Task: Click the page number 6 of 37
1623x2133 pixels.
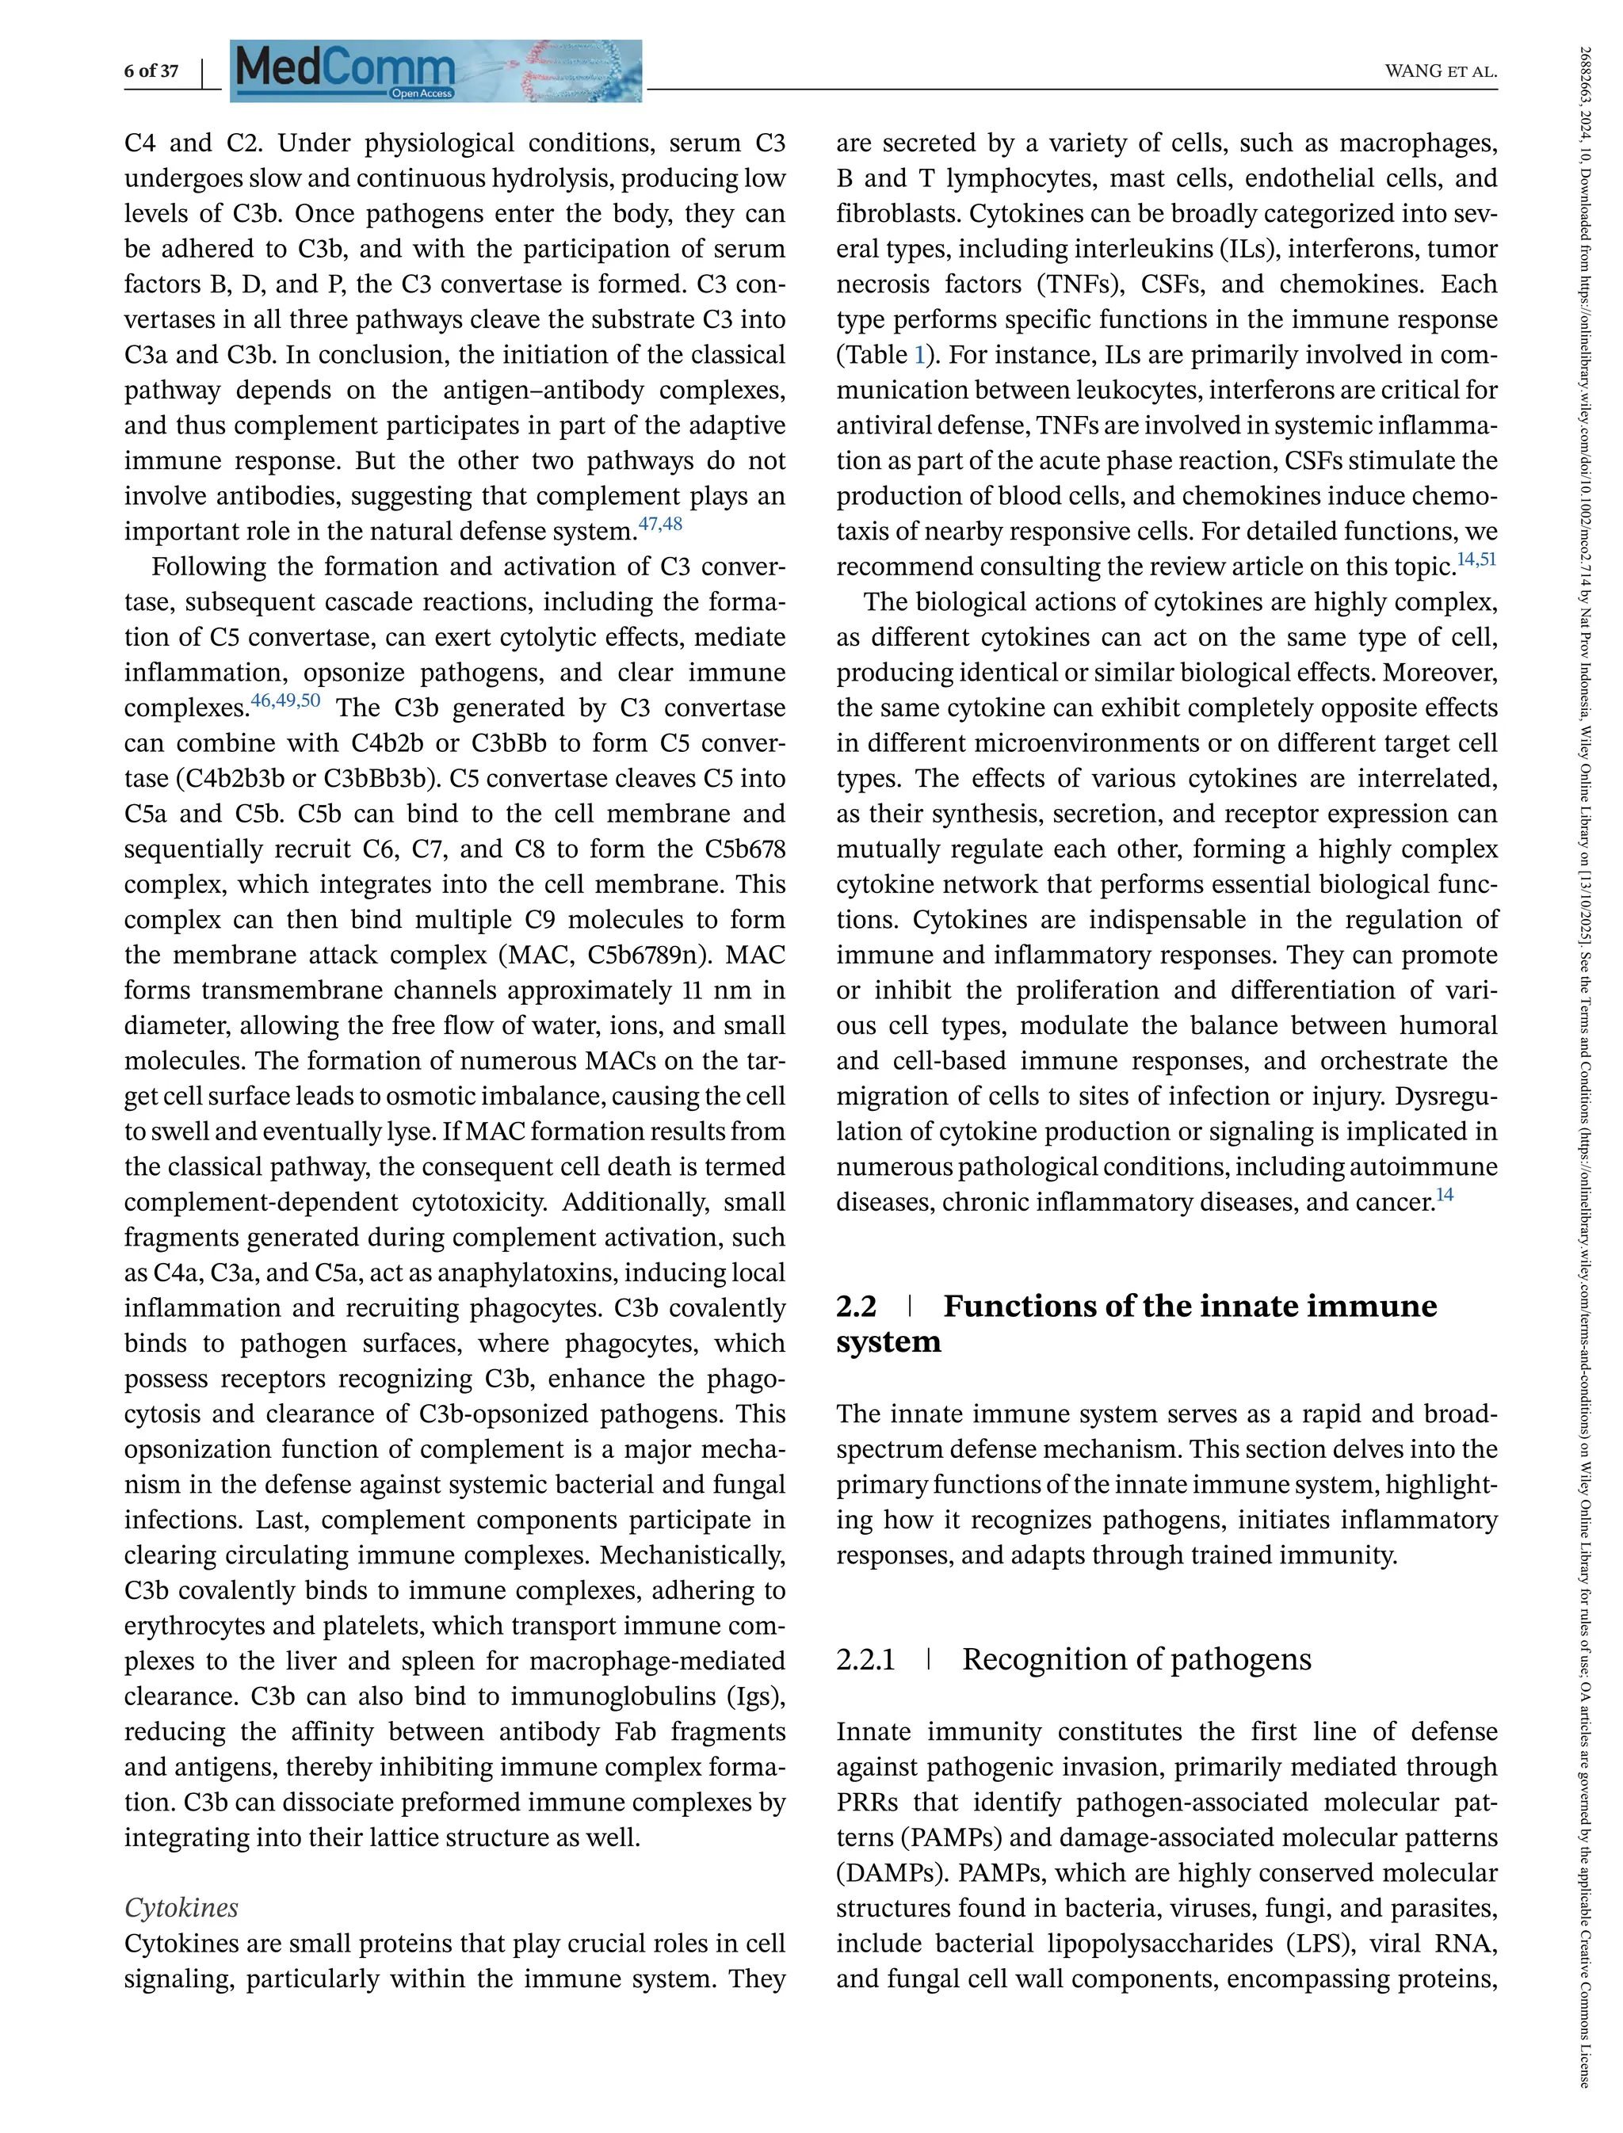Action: point(151,71)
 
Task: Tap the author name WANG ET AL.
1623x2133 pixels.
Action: point(1441,71)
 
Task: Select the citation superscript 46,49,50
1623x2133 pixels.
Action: point(285,700)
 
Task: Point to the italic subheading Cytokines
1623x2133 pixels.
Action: point(181,1908)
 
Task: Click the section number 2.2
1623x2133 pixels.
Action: point(856,1306)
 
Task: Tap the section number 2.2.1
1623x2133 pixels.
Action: point(865,1660)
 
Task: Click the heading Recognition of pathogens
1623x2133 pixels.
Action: point(1136,1660)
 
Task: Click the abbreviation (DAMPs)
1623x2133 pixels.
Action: point(891,1873)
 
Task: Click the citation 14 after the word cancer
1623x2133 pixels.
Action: point(1444,1196)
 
